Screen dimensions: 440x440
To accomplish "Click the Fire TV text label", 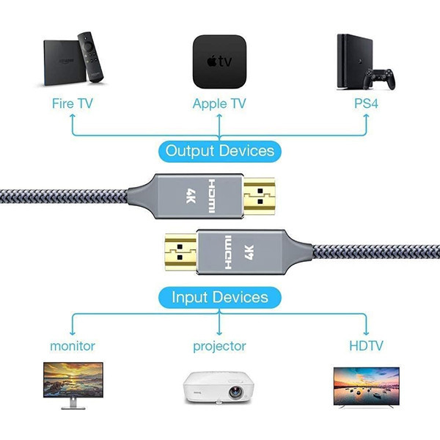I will tap(72, 103).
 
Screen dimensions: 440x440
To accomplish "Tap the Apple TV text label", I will tap(219, 103).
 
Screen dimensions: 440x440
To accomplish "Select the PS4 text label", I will tap(366, 103).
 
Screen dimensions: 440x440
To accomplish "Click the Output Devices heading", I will tap(220, 151).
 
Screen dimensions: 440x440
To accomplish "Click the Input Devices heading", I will tap(220, 297).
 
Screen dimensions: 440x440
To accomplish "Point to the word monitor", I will tap(73, 345).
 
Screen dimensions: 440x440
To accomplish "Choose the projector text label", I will tap(219, 345).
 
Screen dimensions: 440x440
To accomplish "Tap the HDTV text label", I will tap(367, 345).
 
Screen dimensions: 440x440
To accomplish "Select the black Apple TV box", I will tap(219, 61).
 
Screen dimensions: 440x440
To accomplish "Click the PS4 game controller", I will tap(381, 76).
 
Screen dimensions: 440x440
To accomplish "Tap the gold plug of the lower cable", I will tap(180, 248).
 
